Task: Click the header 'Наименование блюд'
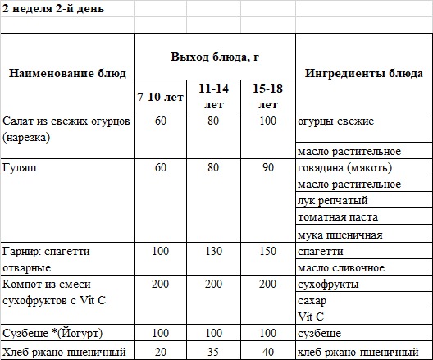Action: pos(67,74)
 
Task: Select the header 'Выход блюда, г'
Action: pos(215,56)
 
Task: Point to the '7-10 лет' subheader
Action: pos(161,98)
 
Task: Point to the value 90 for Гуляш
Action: pos(268,168)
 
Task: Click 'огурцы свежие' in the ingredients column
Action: pos(336,121)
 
